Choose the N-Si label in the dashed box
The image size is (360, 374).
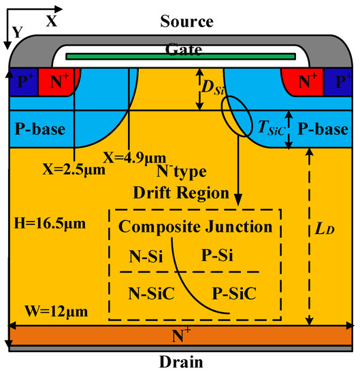point(146,256)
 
